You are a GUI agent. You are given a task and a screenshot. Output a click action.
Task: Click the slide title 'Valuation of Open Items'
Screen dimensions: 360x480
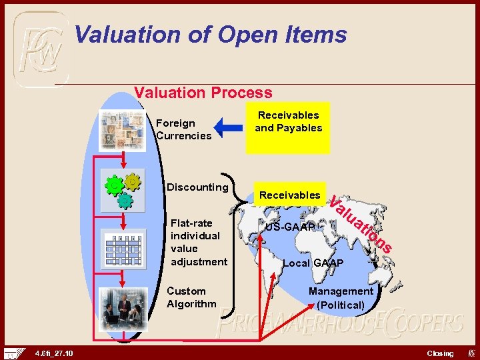[x=211, y=34]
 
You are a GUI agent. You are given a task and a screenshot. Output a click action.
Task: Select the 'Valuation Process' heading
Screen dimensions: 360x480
[x=203, y=93]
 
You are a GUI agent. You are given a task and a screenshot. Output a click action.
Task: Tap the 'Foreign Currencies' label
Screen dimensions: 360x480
[x=183, y=129]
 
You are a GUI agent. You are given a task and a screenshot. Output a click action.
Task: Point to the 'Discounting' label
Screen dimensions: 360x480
[x=197, y=187]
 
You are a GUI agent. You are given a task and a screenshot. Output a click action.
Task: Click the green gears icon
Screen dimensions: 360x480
[x=122, y=189]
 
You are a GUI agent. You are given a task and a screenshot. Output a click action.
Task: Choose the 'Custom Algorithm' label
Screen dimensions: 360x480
[x=191, y=297]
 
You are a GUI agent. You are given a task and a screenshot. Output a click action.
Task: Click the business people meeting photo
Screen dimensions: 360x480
[x=121, y=309]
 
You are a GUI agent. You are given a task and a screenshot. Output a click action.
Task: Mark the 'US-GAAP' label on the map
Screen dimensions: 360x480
[x=290, y=227]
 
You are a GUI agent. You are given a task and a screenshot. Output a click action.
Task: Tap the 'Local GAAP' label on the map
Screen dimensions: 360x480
[x=313, y=263]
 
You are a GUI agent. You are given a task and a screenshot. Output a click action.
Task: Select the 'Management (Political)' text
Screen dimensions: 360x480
[x=341, y=298]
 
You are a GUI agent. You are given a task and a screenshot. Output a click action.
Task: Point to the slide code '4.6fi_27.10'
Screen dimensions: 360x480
[x=55, y=353]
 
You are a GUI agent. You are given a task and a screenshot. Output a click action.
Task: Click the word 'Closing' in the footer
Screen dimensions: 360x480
[x=440, y=353]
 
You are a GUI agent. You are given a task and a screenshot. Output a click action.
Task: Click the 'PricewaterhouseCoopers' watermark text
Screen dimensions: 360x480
[x=340, y=325]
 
